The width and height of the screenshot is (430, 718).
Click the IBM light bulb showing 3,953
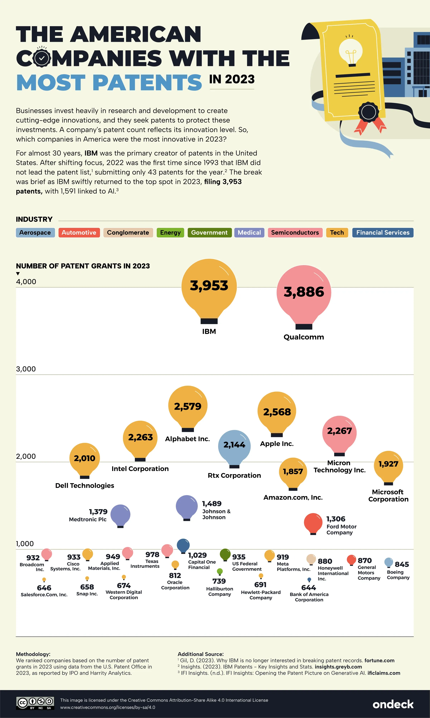209,287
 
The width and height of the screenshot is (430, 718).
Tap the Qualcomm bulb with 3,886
304,293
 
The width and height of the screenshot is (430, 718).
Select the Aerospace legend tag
35,233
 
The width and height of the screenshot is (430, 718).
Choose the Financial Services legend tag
383,233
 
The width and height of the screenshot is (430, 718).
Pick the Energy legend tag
170,233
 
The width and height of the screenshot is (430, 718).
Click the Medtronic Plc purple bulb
120,515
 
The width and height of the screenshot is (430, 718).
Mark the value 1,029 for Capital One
197,555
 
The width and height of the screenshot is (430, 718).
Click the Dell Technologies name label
85,485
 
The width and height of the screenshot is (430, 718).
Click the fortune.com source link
379,660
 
